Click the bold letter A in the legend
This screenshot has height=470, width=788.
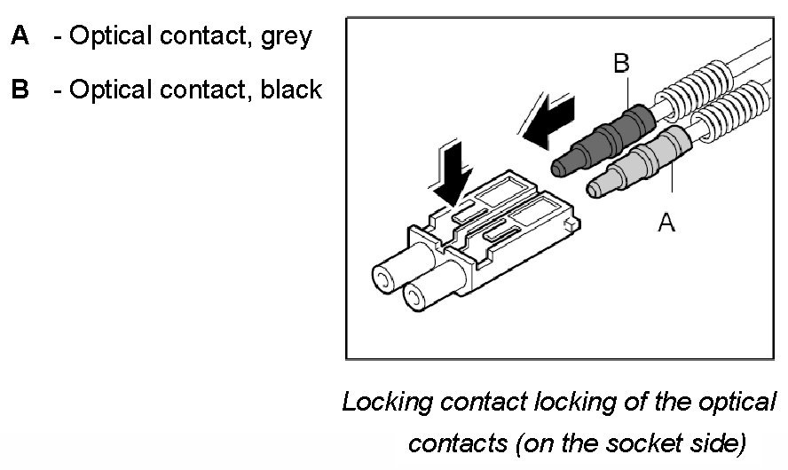point(20,36)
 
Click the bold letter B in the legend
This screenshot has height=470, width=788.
point(20,90)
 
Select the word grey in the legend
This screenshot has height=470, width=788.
point(287,37)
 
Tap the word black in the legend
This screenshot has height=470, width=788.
point(291,90)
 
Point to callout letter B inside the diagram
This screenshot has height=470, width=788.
point(622,63)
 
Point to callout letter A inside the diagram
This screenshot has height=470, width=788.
point(666,223)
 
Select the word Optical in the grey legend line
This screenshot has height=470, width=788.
point(113,37)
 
